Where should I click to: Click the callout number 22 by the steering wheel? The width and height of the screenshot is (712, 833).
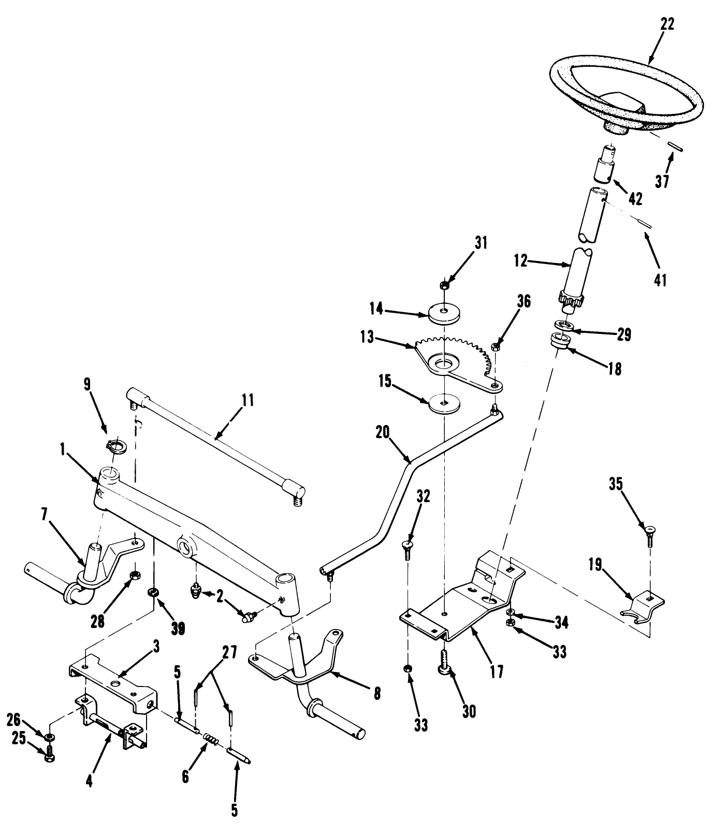point(667,24)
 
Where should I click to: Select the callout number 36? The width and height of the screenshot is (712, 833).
point(524,301)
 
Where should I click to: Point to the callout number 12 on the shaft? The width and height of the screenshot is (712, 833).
point(520,261)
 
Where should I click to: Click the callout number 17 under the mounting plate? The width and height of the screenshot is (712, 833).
point(497,672)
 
